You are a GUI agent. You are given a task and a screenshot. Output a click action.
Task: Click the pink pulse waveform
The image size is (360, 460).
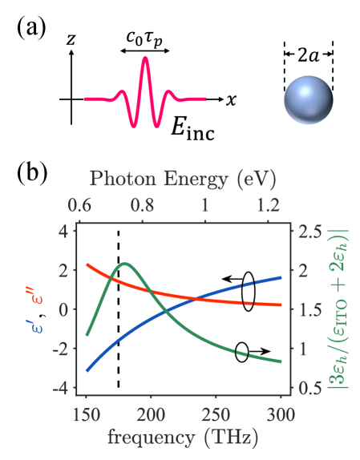pos(145,94)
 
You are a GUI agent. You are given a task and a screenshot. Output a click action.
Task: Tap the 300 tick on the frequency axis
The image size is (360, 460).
pos(281,413)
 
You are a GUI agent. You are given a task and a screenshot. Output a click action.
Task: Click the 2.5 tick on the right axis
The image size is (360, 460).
pos(305,232)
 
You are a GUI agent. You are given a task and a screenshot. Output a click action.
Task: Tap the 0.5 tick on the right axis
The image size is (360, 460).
pos(305,388)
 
